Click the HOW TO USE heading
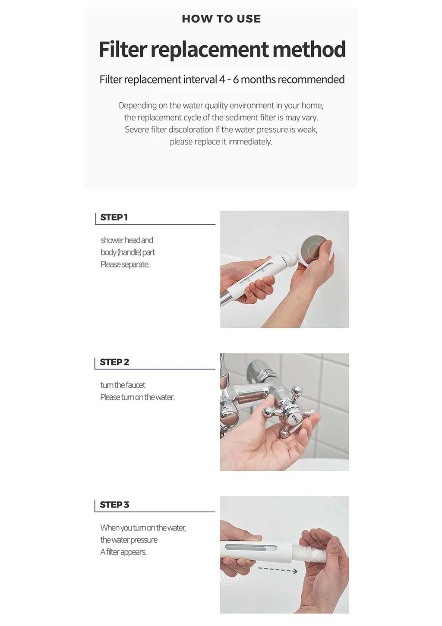[221, 19]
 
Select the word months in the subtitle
[258, 80]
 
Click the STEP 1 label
[114, 217]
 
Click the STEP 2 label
[114, 362]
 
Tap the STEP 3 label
[114, 505]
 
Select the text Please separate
[125, 264]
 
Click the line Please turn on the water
[137, 397]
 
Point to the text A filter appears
[123, 552]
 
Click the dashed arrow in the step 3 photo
[278, 569]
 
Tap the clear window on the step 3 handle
[251, 547]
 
